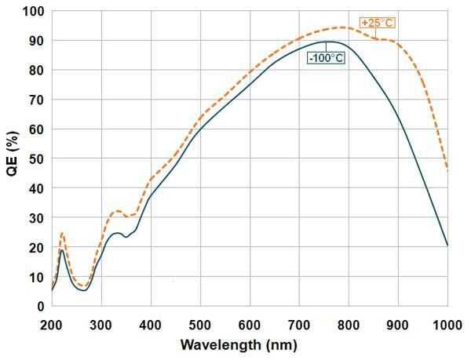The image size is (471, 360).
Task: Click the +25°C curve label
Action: pos(377,23)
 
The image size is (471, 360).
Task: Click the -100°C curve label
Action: pos(325,59)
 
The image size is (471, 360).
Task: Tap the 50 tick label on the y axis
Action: pos(37,158)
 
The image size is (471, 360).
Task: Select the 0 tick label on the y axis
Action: pos(41,306)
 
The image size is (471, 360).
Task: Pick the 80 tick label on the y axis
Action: pos(37,70)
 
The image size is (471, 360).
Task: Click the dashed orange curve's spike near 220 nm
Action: pos(62,233)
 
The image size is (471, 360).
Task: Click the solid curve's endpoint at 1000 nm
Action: pos(447,245)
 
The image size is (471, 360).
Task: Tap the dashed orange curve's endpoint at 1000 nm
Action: pos(447,169)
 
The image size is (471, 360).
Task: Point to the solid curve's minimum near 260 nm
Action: pos(82,290)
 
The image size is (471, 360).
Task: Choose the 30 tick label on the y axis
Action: pos(37,217)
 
